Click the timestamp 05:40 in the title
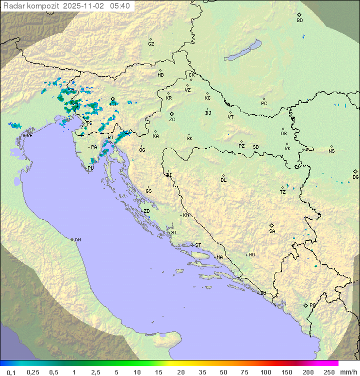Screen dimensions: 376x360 coord(120,6)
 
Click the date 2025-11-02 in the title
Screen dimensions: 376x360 coord(85,6)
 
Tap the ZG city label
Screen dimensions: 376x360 coord(172,120)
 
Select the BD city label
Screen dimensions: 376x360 coord(299,21)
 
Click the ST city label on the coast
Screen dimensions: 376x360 coord(198,245)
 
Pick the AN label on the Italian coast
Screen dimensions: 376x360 coord(77,240)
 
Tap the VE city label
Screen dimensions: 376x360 coord(29,135)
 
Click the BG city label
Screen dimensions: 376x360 coord(355,177)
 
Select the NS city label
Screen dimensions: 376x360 coord(331,151)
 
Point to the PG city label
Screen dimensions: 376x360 coord(312,305)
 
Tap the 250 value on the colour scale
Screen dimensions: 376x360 coord(329,372)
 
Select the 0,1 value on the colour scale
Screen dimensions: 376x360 coord(11,372)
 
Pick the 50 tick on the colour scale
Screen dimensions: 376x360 coord(223,372)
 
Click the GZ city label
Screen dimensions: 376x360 coord(151,44)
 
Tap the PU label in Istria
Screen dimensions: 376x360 coord(90,168)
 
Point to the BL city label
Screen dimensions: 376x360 coord(223,180)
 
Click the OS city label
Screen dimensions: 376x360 coord(283,134)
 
